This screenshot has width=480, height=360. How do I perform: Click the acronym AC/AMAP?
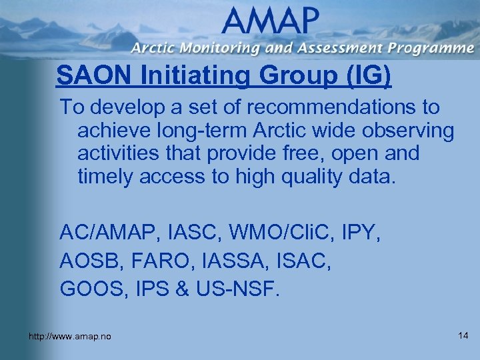point(107,233)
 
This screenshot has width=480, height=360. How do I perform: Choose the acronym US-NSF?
point(239,290)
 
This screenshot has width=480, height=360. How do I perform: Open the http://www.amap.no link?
point(70,337)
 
